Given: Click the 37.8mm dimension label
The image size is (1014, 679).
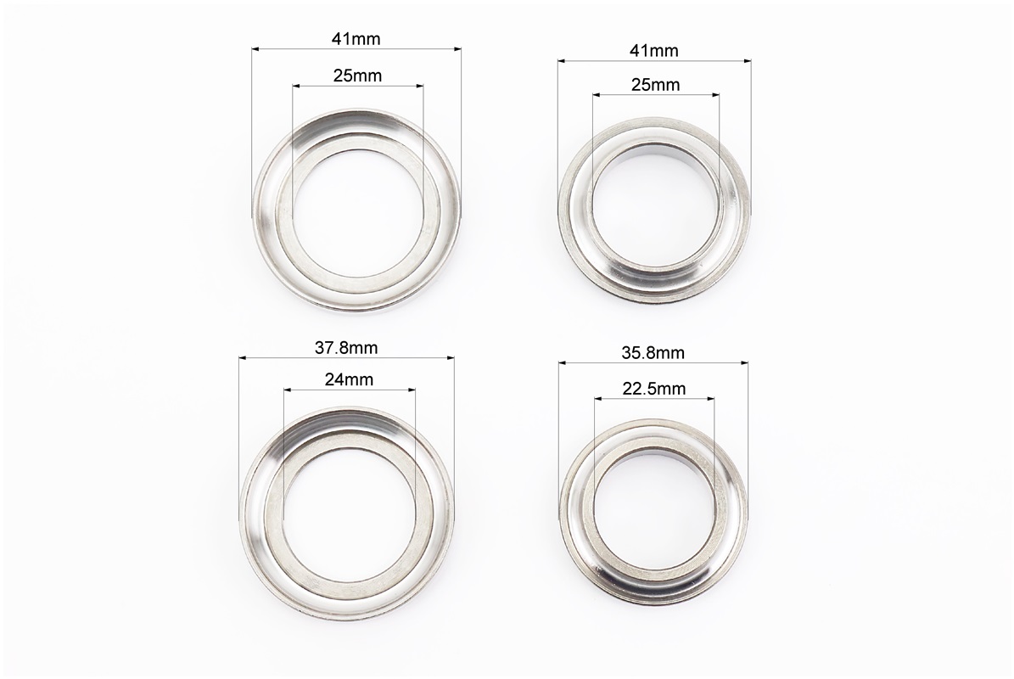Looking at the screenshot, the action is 346,348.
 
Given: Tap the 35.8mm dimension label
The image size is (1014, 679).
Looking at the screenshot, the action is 653,353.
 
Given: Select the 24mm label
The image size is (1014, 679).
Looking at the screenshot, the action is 349,379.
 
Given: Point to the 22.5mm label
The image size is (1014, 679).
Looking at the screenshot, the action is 654,389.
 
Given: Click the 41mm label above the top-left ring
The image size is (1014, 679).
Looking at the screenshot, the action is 356,39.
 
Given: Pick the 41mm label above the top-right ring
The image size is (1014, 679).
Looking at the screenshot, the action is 654,50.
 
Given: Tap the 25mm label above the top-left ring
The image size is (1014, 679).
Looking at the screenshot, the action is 357,76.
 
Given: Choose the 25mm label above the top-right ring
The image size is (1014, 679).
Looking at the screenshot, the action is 656,85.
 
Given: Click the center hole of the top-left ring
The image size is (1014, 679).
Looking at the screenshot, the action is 357,214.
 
